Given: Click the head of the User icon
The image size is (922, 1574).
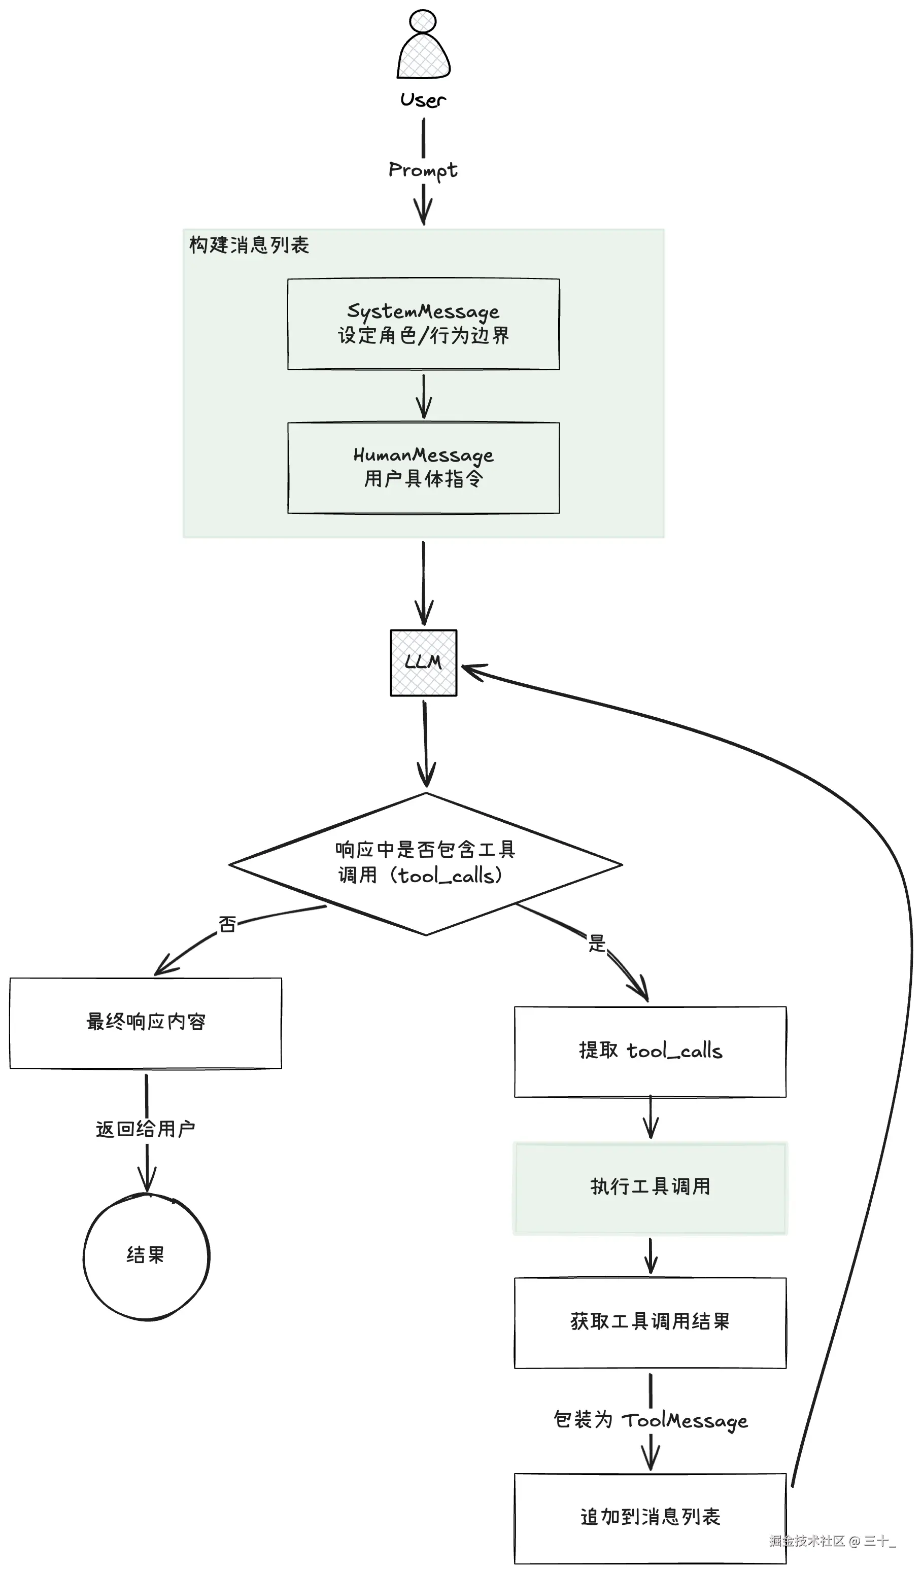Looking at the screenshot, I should click(x=423, y=21).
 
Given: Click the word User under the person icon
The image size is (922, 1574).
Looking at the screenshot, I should click(x=423, y=100).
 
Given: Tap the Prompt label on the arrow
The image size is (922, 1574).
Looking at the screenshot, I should click(x=423, y=170).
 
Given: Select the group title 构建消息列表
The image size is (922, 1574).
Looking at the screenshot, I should click(x=249, y=245).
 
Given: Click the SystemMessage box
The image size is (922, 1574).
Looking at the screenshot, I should click(x=423, y=324).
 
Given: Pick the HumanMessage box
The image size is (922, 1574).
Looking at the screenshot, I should click(x=423, y=467).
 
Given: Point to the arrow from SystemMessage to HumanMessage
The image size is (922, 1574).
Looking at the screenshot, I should click(x=424, y=397).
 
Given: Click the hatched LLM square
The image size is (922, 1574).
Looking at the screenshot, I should click(x=424, y=662).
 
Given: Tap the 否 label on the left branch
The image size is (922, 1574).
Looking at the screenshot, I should click(x=227, y=924).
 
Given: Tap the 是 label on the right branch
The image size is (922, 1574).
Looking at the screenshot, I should click(x=597, y=943).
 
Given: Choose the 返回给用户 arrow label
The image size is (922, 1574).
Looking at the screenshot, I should click(x=146, y=1129).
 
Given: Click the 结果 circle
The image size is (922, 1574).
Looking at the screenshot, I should click(x=146, y=1256).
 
